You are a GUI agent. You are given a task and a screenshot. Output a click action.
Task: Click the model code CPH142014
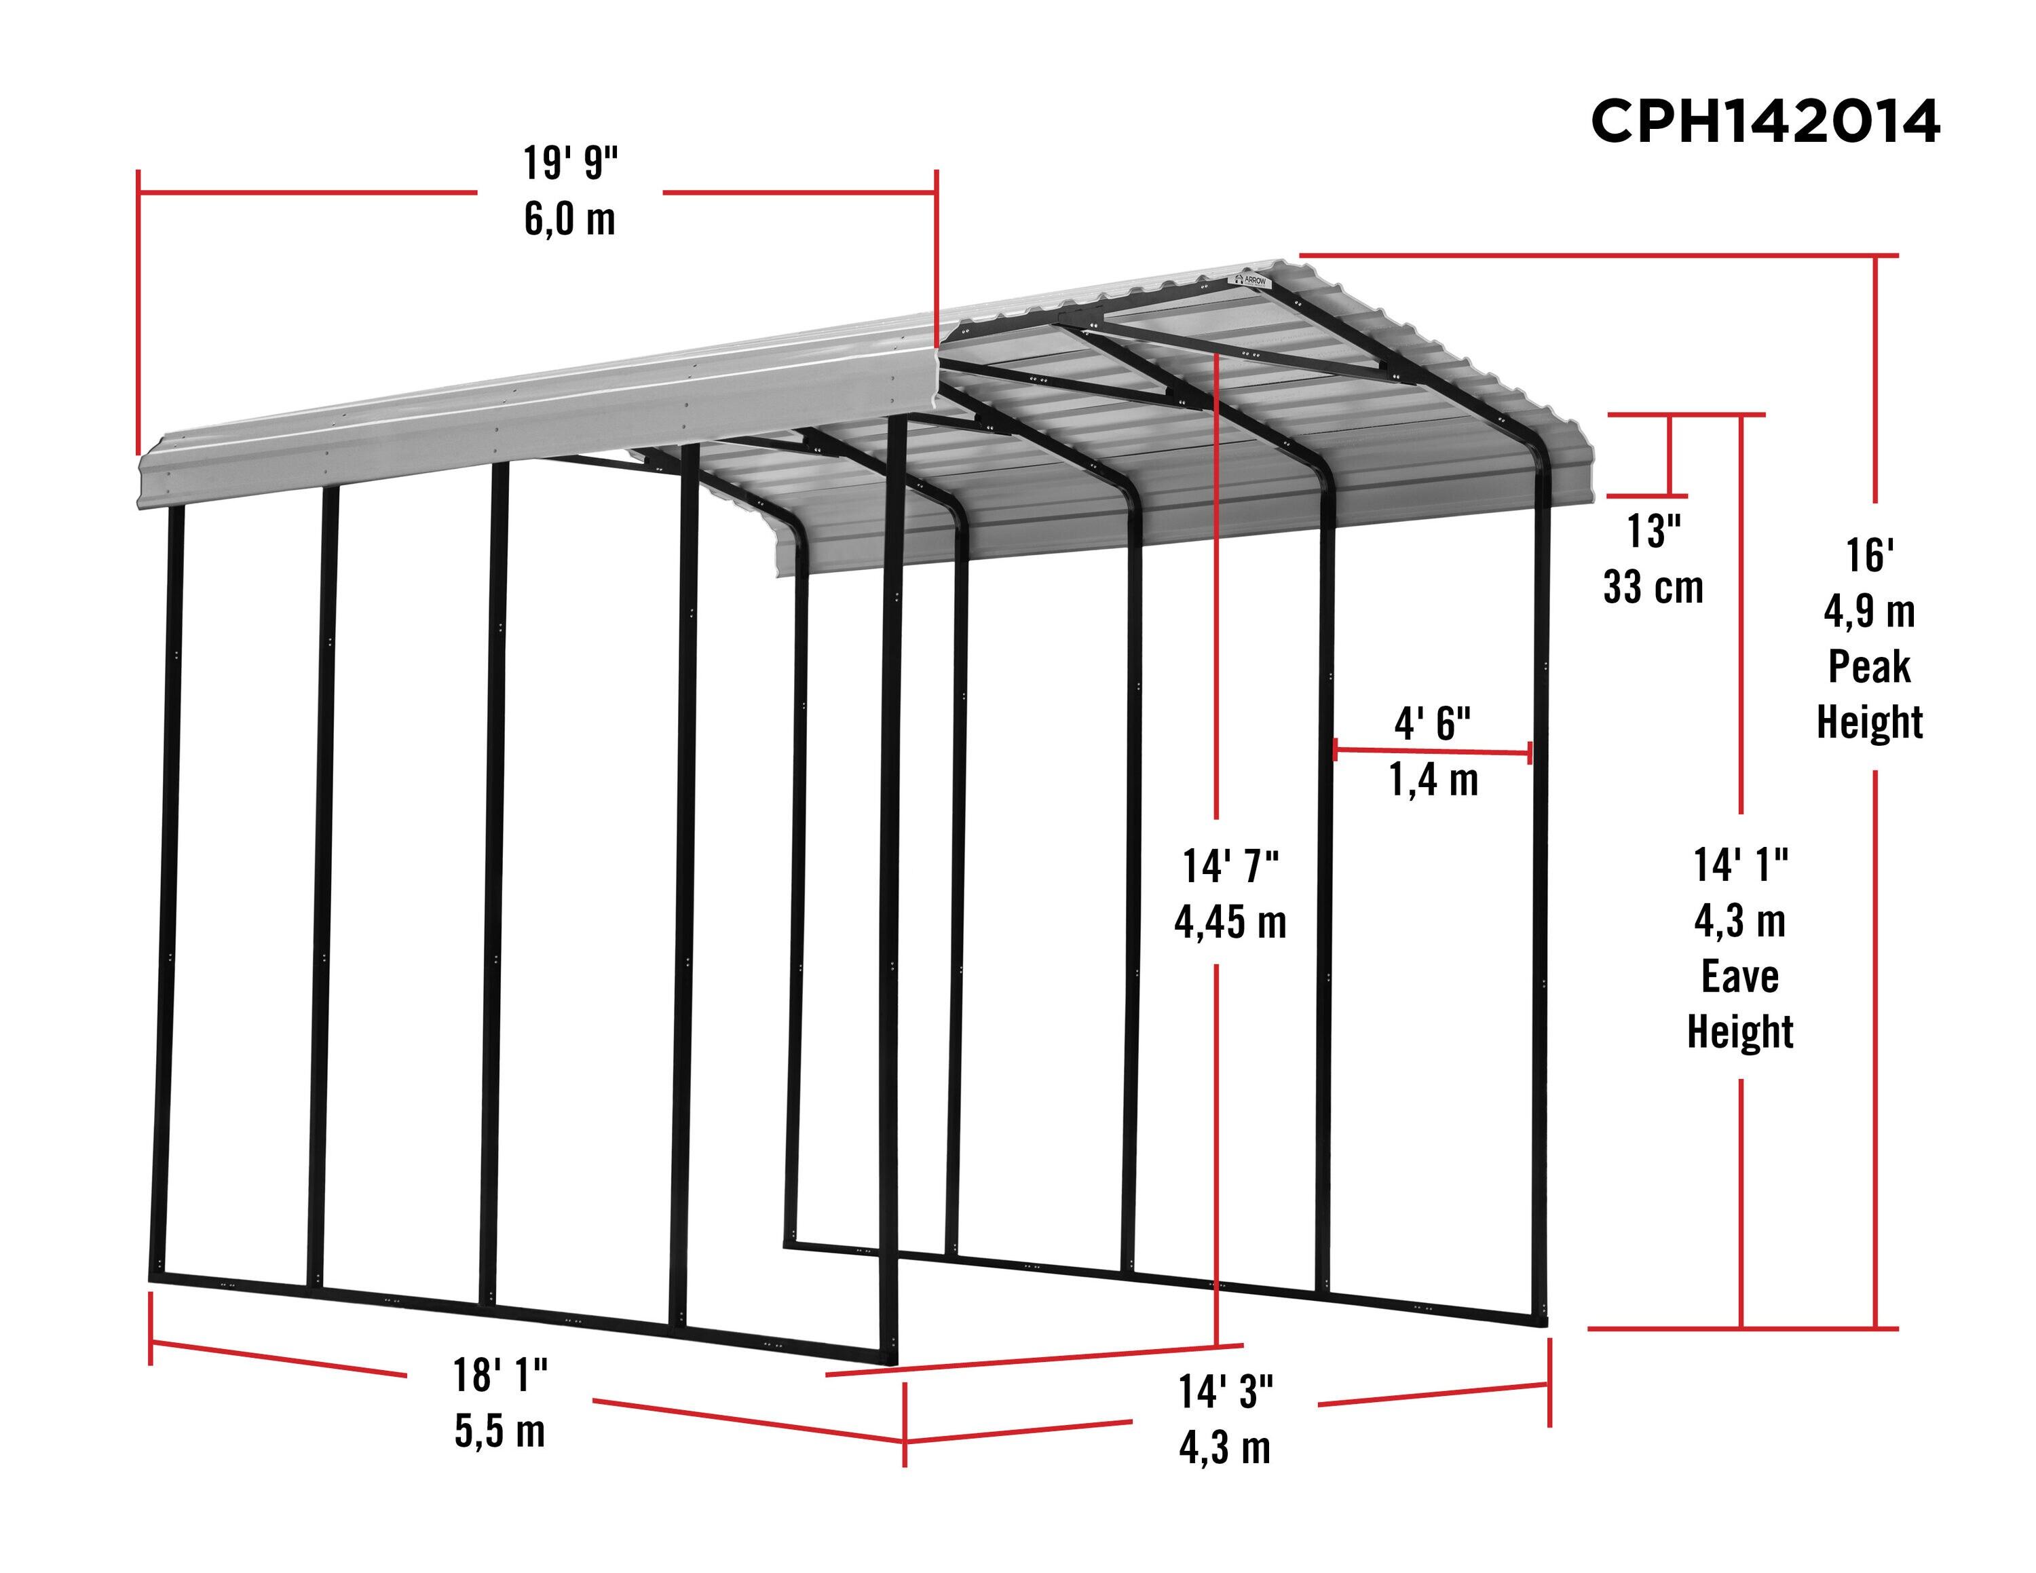pos(1765,122)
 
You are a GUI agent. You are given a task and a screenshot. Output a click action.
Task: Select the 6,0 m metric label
pos(569,219)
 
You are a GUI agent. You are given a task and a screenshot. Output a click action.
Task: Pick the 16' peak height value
pos(1869,556)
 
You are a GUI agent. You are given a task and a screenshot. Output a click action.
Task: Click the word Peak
pos(1869,667)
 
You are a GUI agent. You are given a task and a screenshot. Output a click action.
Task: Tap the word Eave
pos(1739,977)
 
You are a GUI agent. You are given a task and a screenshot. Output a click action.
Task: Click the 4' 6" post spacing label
pos(1432,723)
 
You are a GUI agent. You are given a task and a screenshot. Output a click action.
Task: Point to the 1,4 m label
pos(1433,779)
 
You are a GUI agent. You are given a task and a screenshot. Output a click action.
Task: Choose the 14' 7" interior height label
pos(1230,867)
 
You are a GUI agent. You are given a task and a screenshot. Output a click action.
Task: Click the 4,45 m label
pos(1230,922)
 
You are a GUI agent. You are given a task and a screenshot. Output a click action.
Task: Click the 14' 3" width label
pos(1225,1392)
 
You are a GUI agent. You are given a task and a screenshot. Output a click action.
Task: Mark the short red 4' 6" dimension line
pos(1432,751)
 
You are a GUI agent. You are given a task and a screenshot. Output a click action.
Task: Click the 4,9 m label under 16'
pos(1869,612)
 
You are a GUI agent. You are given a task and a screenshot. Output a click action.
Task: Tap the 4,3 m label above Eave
pos(1739,922)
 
